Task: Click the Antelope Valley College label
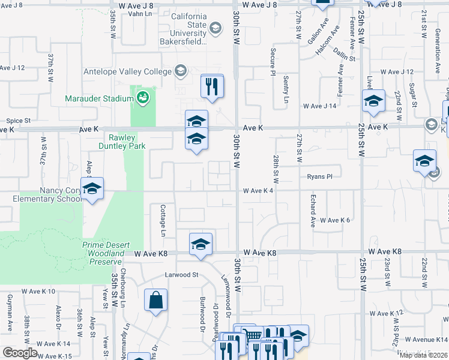(x=127, y=72)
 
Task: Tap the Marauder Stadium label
(x=99, y=98)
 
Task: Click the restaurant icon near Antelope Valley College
(x=212, y=86)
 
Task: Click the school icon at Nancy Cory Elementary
(x=92, y=190)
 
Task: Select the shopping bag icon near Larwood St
(x=155, y=300)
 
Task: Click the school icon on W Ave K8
(x=200, y=245)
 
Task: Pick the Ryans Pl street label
(x=319, y=177)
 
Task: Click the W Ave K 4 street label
(x=258, y=191)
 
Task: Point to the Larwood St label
(x=182, y=275)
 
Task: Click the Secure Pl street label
(x=273, y=58)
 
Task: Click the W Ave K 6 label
(x=334, y=221)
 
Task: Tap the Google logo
(x=20, y=353)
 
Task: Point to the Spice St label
(x=18, y=121)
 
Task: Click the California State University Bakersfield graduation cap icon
(x=215, y=28)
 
